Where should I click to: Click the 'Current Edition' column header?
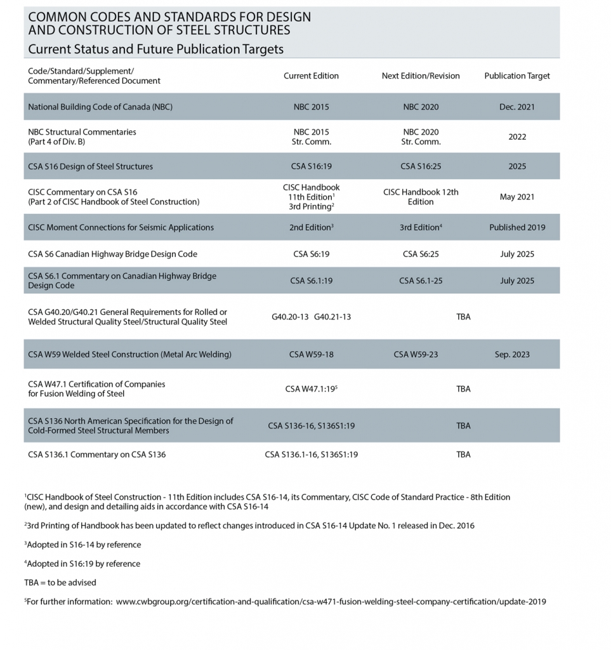(x=311, y=76)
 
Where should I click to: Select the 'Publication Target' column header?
(x=516, y=76)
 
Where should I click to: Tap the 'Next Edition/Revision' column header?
(x=420, y=76)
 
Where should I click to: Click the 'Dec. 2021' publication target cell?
(x=516, y=107)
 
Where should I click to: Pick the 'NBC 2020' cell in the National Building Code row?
(x=420, y=107)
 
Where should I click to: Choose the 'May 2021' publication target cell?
(x=516, y=197)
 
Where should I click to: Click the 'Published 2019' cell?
(x=516, y=227)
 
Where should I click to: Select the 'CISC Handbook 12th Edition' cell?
(x=420, y=197)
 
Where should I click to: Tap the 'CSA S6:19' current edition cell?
(x=311, y=254)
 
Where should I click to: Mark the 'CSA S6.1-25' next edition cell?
(x=420, y=281)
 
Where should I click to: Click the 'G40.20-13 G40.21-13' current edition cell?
(x=311, y=317)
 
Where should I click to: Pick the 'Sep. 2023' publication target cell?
(x=516, y=354)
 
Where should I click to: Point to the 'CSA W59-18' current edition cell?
(x=311, y=354)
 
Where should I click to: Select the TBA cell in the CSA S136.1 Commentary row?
(x=463, y=454)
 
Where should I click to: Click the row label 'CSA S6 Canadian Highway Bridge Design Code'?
(x=112, y=254)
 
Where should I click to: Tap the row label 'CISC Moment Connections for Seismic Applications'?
(x=121, y=227)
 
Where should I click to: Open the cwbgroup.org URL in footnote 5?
(x=331, y=601)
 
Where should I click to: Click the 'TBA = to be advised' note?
(x=60, y=582)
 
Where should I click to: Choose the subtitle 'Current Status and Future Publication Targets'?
(x=155, y=49)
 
